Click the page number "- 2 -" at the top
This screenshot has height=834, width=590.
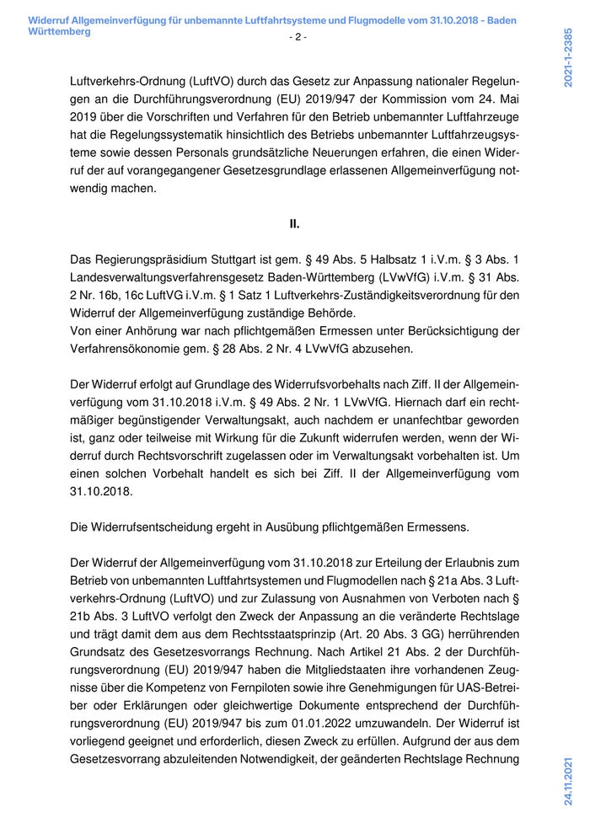(298, 37)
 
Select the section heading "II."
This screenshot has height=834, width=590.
(295, 224)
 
